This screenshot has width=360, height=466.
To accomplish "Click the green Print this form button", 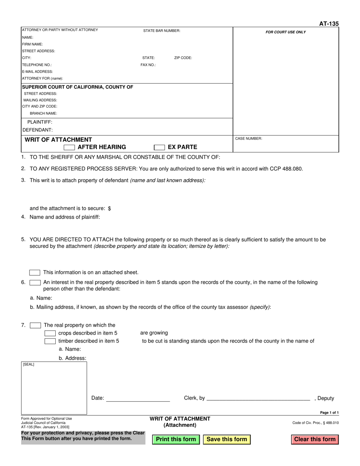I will pos(176,439).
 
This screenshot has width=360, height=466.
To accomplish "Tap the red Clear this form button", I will pos(315,439).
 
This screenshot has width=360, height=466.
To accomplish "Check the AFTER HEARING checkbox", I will pos(69,147).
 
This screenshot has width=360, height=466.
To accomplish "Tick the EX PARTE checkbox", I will pos(159,147).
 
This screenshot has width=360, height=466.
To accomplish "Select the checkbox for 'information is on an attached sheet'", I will pos(35,272).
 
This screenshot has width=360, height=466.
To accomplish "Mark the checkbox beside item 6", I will pos(35,282).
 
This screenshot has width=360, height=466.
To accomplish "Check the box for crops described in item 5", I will pos(50,333).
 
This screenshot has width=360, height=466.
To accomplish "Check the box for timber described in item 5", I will pos(50,341).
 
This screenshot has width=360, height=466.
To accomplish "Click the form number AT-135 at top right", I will pos(329,24).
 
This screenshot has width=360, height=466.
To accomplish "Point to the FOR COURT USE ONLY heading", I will pos(286,32).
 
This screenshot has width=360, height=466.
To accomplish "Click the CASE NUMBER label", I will pos(249,139).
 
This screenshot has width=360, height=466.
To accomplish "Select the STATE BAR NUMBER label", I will pos(161,31).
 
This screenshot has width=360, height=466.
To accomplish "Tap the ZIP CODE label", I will pos(183,58).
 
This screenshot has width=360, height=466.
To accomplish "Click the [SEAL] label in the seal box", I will pos(28,364).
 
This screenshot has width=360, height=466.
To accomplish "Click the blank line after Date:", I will pos(138,399).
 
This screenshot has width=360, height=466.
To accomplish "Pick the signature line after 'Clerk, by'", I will pos(258,399).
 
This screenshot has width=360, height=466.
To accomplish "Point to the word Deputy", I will pos(326,398).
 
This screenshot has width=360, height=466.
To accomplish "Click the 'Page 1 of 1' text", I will pos(329,413).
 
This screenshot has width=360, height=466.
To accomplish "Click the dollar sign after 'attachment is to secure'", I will pos(110,208).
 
